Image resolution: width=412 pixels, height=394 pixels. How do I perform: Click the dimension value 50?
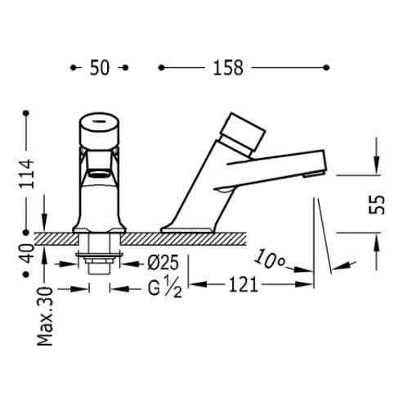tap(100, 68)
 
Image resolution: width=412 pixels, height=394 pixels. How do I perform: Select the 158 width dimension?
tap(228, 68)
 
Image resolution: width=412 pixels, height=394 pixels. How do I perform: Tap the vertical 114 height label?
tap(26, 174)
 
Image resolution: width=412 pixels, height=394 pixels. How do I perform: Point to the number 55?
tap(377, 204)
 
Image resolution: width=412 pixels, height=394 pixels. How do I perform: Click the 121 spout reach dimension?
tap(244, 285)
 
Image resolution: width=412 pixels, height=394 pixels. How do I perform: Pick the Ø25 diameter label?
tap(163, 263)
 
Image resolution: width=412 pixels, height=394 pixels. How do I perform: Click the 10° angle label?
tap(270, 259)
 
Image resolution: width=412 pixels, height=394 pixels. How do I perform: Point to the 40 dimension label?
tap(28, 253)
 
